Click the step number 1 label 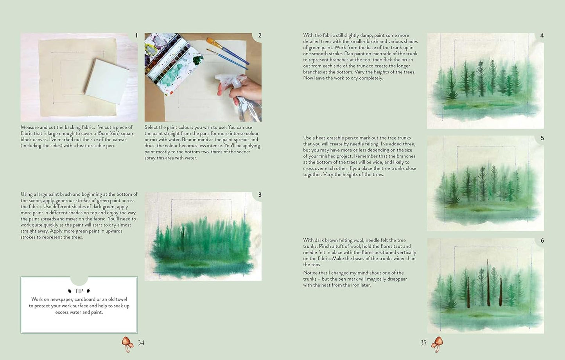pyautogui.click(x=136, y=36)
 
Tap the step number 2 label pyautogui.click(x=260, y=36)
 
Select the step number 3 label pyautogui.click(x=260, y=195)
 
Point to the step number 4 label pyautogui.click(x=542, y=36)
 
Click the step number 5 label pyautogui.click(x=542, y=138)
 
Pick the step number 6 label pyautogui.click(x=542, y=240)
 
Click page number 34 pyautogui.click(x=141, y=343)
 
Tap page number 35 pyautogui.click(x=423, y=343)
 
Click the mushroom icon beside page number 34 pyautogui.click(x=127, y=344)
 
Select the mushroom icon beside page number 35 pyautogui.click(x=437, y=344)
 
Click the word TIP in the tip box pyautogui.click(x=79, y=291)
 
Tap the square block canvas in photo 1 pyautogui.click(x=107, y=78)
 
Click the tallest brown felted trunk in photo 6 pyautogui.click(x=488, y=283)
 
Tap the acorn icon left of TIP pyautogui.click(x=70, y=291)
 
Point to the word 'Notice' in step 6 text pyautogui.click(x=311, y=273)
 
